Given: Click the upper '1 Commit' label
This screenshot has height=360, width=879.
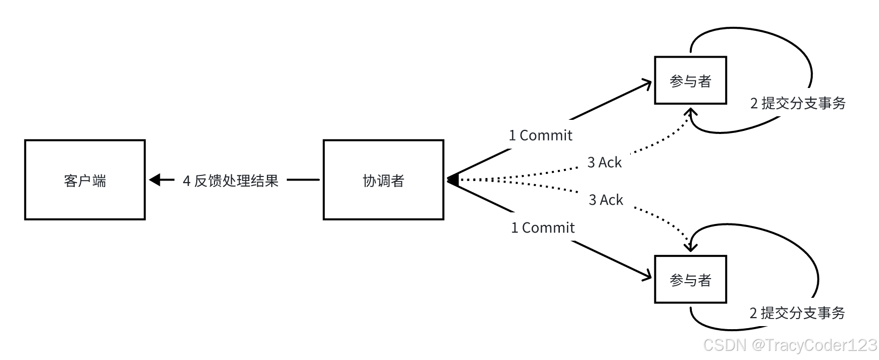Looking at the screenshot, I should [541, 136].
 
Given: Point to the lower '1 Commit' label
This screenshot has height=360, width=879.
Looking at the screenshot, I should [543, 228].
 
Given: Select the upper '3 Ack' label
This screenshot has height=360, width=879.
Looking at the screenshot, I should [604, 163].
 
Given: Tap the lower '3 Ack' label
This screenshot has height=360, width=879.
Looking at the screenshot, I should [606, 200].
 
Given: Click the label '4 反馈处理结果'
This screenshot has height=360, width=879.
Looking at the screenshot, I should [231, 181].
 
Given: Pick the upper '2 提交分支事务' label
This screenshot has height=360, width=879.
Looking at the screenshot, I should [798, 104].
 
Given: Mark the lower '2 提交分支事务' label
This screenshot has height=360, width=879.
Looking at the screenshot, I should [797, 313].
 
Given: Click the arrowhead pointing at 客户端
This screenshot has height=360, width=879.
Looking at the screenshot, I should [155, 179].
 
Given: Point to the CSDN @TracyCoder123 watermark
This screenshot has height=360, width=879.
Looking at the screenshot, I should [789, 345].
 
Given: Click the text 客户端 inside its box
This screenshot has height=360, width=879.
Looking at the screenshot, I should [85, 181].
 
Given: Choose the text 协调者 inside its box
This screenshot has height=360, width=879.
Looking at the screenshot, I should [383, 181].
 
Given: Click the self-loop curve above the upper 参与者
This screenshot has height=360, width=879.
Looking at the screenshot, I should [749, 30].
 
